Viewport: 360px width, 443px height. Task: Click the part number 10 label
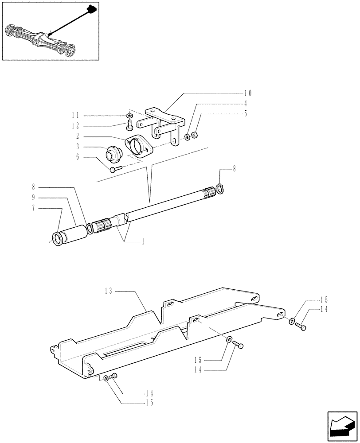[x=247, y=93]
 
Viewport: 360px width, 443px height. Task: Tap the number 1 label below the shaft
[x=143, y=242]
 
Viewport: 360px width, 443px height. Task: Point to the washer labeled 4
[x=188, y=136]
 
